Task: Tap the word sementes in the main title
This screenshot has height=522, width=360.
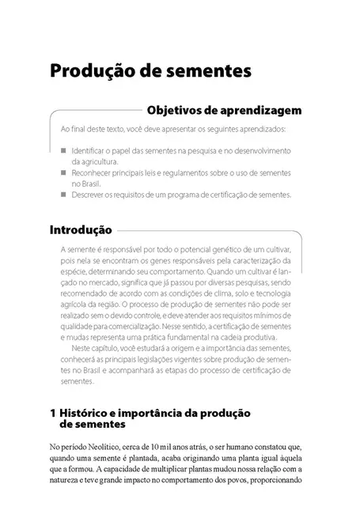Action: click(210, 70)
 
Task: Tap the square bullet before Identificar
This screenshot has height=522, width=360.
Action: click(63, 149)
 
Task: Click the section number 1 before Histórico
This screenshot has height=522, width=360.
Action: click(52, 412)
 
